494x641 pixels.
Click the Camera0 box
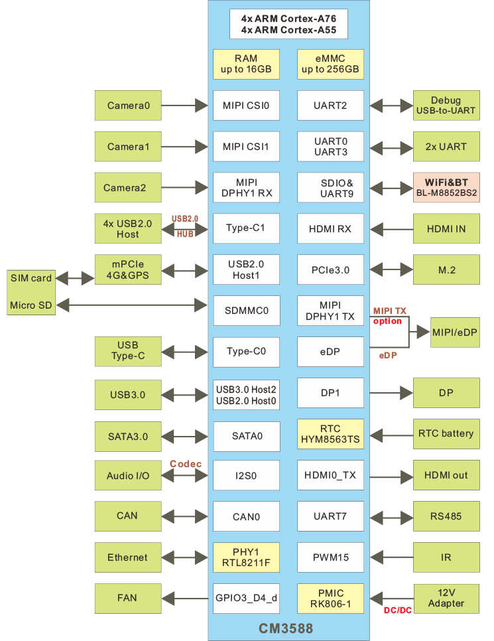pos(128,105)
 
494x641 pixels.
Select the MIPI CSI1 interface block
pos(246,146)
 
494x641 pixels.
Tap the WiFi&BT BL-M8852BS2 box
pos(446,187)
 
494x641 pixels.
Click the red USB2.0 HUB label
pos(185,226)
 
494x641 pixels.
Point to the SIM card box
pos(31,279)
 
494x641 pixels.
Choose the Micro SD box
pos(31,305)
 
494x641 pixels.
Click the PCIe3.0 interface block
pos(330,270)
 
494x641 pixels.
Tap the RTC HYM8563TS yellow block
pos(330,434)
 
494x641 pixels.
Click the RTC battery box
pos(446,434)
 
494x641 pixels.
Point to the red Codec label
pos(185,463)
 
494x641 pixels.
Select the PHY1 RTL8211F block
pos(246,557)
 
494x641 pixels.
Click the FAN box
pos(128,598)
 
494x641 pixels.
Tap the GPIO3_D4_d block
pos(246,598)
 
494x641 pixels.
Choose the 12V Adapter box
pos(446,598)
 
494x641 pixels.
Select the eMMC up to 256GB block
pos(330,64)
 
